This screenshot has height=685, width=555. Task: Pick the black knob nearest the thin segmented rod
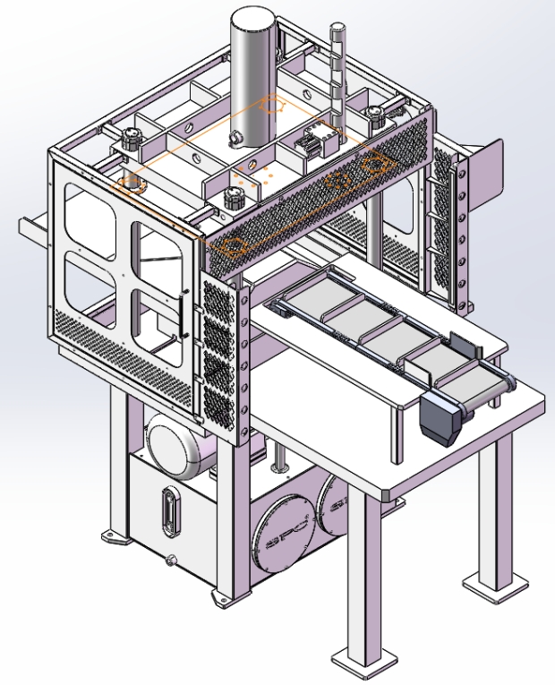[376, 114]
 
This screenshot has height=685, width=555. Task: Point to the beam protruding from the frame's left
[34, 227]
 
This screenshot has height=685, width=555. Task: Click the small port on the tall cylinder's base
[238, 138]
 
